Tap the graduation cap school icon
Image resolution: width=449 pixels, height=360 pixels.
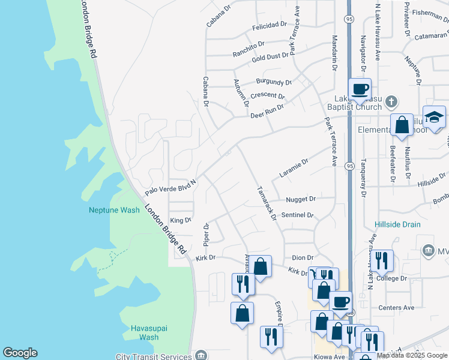[x=434, y=116]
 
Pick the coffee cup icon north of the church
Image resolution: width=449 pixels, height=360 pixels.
[x=360, y=89]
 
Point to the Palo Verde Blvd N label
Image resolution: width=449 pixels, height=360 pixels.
[x=171, y=187]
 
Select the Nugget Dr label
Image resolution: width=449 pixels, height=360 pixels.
[x=300, y=199]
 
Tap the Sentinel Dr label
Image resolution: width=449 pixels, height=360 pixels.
[x=297, y=214]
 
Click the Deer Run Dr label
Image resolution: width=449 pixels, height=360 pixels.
[x=267, y=111]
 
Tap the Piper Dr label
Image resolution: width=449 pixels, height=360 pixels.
[x=206, y=234]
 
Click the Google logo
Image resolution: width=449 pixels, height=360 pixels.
[x=20, y=353]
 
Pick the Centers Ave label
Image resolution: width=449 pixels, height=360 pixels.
[x=396, y=308]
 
